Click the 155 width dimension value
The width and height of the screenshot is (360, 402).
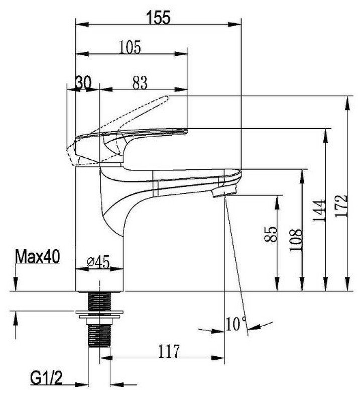[158, 18]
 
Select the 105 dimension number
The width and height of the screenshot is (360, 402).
[130, 47]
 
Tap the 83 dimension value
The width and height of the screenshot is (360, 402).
[140, 83]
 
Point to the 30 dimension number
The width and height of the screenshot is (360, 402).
[83, 83]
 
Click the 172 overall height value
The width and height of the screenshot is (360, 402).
[341, 206]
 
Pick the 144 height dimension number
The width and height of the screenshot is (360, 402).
[319, 211]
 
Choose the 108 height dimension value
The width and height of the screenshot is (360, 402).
[296, 240]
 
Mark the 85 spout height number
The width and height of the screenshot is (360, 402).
[271, 234]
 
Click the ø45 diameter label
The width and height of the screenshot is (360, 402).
[98, 262]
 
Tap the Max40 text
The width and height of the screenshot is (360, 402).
[38, 256]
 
